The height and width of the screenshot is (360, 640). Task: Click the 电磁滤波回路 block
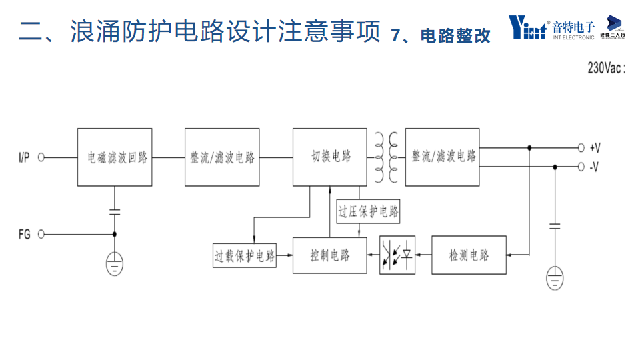(x=114, y=157)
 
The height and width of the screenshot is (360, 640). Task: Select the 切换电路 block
(x=329, y=157)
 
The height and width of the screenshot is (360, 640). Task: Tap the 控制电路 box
(x=329, y=255)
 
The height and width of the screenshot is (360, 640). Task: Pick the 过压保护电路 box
(x=369, y=212)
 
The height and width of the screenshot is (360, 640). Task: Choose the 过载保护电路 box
(x=244, y=255)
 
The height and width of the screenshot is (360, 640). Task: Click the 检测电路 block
(x=469, y=255)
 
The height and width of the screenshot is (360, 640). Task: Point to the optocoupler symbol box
(x=397, y=255)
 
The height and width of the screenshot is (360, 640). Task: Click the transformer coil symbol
(x=385, y=157)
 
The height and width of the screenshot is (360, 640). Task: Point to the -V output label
(x=594, y=167)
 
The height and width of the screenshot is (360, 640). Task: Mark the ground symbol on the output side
(x=555, y=277)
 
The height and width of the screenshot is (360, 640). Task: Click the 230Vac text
(x=607, y=68)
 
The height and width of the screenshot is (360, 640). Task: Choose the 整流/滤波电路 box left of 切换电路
(x=222, y=157)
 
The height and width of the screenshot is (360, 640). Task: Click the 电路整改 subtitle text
(x=456, y=36)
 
